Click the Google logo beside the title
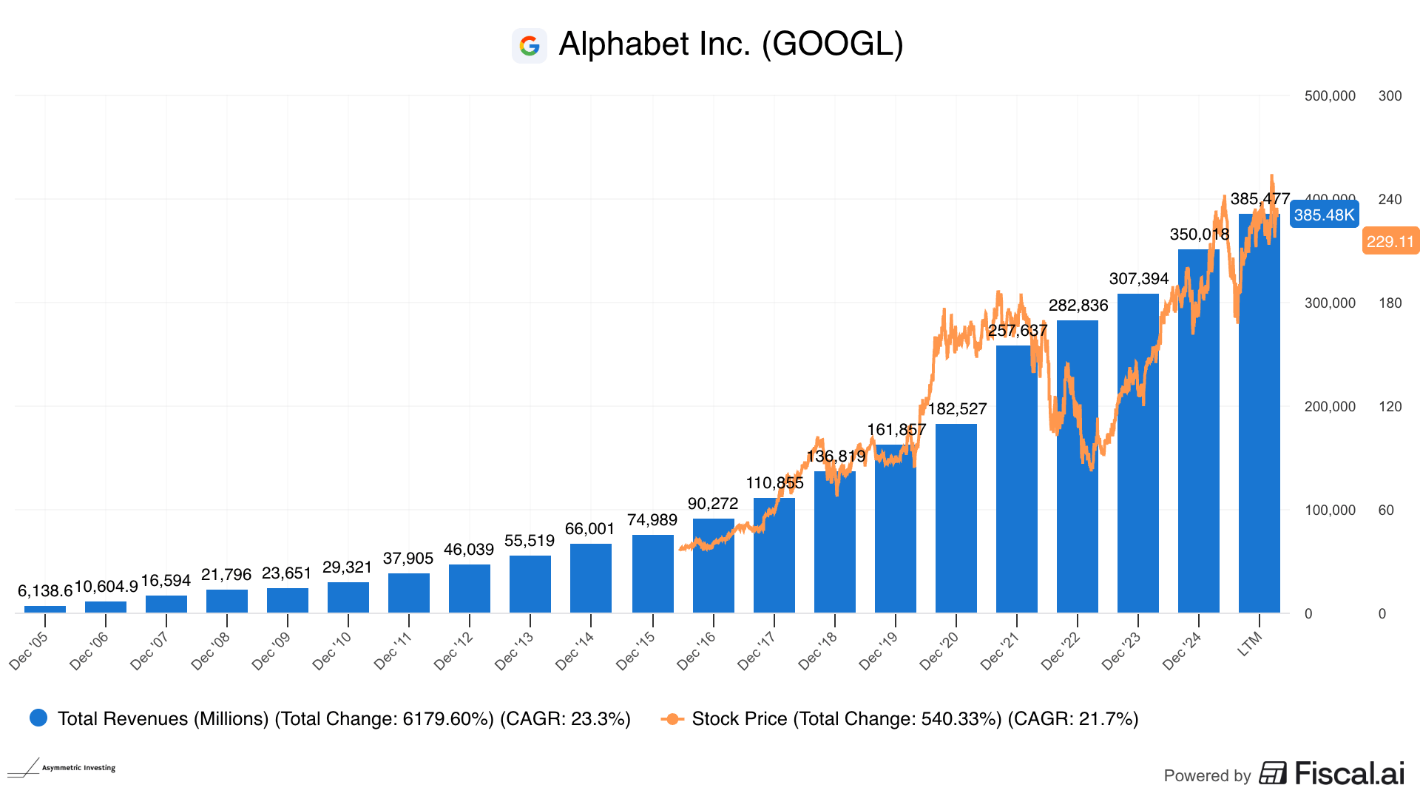click(x=529, y=46)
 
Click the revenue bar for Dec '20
click(x=956, y=518)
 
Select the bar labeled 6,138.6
click(x=45, y=609)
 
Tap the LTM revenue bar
click(x=1259, y=414)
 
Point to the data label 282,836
click(x=1078, y=306)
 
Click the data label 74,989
click(x=652, y=520)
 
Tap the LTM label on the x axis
click(x=1250, y=644)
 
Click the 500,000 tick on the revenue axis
click(x=1330, y=96)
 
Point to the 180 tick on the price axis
click(x=1390, y=303)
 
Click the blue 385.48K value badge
click(x=1324, y=215)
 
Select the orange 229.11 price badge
click(x=1390, y=241)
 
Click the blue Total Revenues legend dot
click(x=38, y=718)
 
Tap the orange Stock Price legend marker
click(x=672, y=719)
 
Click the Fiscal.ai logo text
click(x=1349, y=774)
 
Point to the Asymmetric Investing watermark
click(x=63, y=768)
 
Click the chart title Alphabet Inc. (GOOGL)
click(x=731, y=44)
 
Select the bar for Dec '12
click(x=470, y=589)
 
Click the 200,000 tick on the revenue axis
click(x=1330, y=407)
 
